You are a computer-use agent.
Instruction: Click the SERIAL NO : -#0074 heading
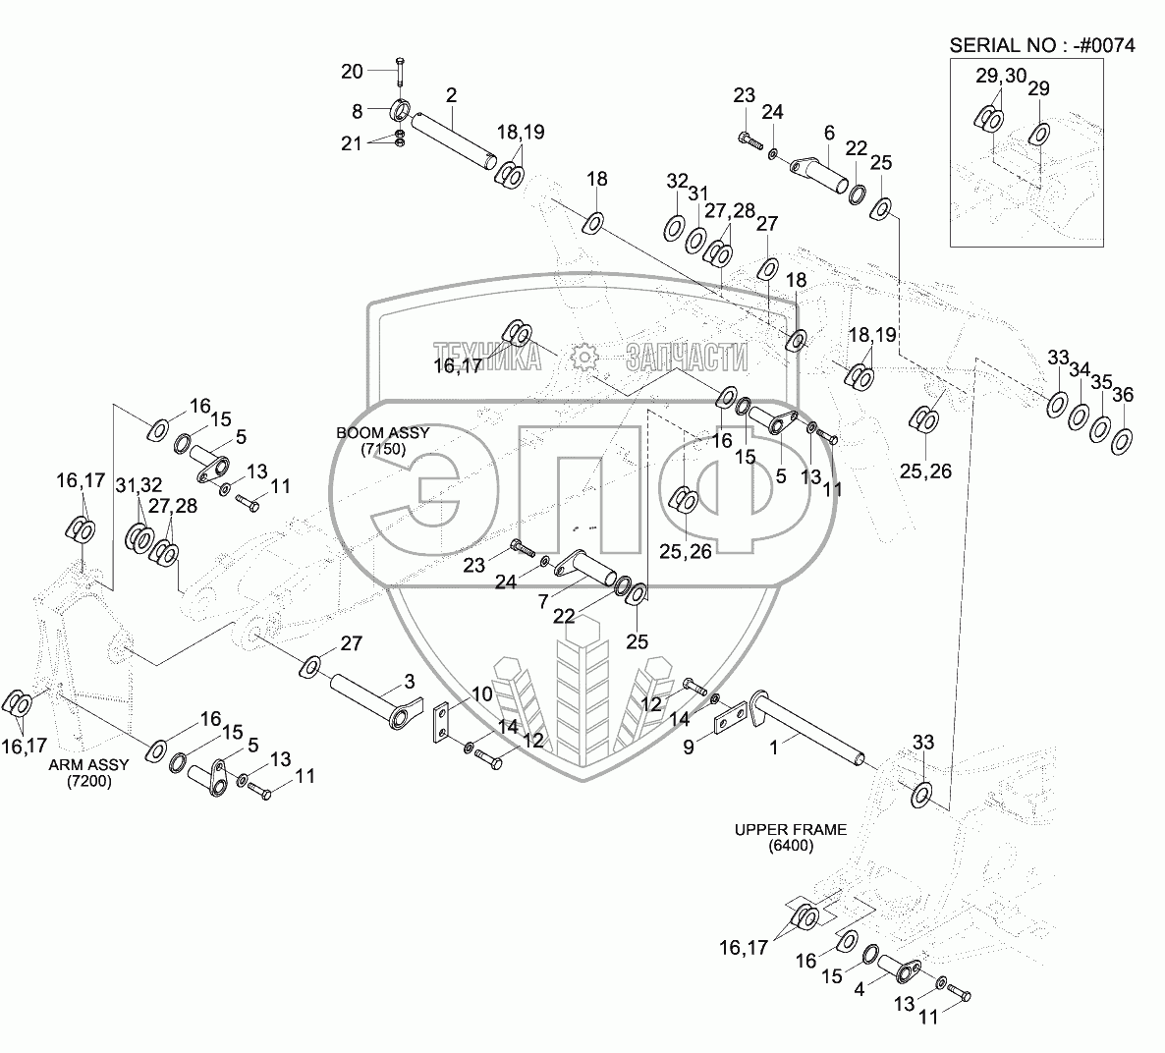1042,45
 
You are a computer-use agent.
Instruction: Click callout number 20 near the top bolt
352,71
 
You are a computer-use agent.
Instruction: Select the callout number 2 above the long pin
451,95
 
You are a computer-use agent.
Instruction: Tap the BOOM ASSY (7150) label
371,440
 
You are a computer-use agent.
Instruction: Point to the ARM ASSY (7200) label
88,774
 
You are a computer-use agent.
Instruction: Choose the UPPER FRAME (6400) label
790,837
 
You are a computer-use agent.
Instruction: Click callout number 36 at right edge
1122,395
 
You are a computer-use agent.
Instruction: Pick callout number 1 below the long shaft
774,747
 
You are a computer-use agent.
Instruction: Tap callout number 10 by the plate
481,694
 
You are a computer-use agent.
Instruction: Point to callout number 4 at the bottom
860,990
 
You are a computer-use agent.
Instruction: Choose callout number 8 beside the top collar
358,110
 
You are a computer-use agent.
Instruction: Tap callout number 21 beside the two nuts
352,144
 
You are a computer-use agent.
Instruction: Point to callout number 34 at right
1079,369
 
